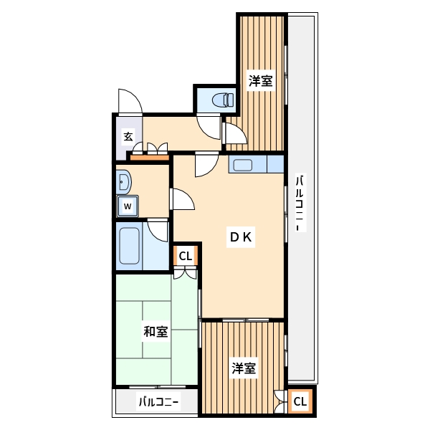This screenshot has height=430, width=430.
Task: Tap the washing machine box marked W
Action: click(x=128, y=206)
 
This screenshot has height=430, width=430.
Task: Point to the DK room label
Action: click(x=239, y=237)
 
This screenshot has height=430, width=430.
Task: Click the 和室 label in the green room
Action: click(x=156, y=332)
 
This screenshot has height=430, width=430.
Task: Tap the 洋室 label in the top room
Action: click(x=260, y=81)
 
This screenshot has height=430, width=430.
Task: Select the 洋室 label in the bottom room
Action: click(x=244, y=369)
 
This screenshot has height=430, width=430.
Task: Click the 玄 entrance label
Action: click(x=128, y=136)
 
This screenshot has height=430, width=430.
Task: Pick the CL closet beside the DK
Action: click(x=185, y=256)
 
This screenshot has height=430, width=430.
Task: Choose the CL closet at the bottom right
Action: click(x=300, y=402)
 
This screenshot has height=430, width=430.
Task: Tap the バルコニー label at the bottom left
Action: click(x=158, y=402)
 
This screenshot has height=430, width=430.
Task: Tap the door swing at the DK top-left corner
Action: click(x=205, y=164)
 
